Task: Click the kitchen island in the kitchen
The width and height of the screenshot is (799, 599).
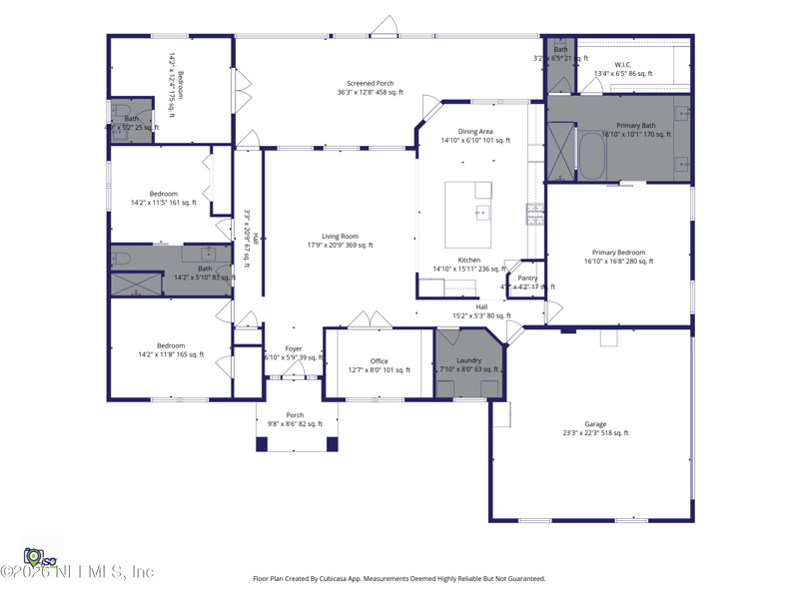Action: pyautogui.click(x=468, y=213)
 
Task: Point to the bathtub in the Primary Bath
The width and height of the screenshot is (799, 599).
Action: pyautogui.click(x=592, y=157)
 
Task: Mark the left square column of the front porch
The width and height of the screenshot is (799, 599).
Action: pyautogui.click(x=262, y=444)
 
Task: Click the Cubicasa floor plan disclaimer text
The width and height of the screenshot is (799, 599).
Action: pyautogui.click(x=399, y=578)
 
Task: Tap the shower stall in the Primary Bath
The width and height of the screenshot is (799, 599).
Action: pyautogui.click(x=560, y=151)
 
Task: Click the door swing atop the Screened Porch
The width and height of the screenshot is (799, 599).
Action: pyautogui.click(x=385, y=26)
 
